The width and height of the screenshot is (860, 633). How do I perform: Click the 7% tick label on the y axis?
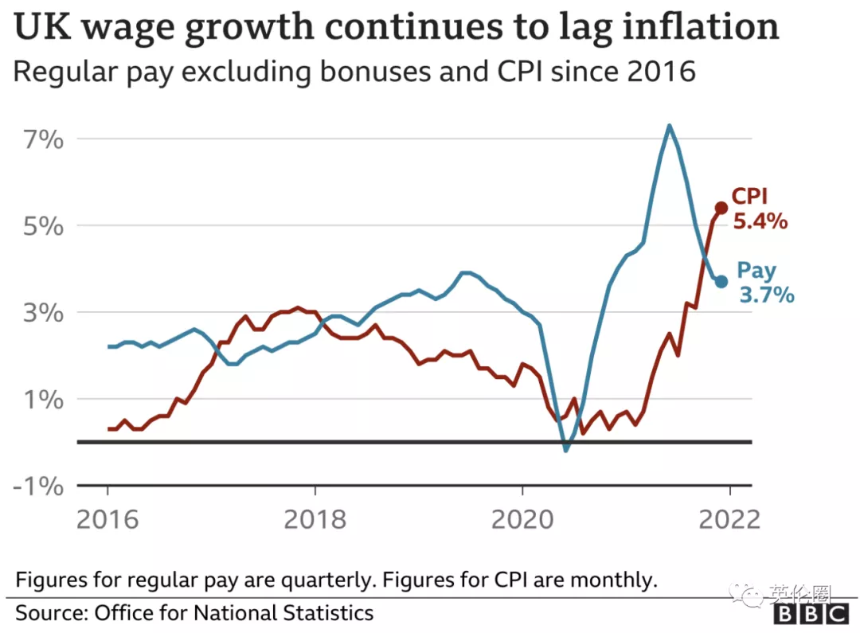pos(41,139)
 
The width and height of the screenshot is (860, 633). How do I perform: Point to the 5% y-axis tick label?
pos(41,226)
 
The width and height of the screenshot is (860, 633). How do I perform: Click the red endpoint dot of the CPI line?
pos(721,208)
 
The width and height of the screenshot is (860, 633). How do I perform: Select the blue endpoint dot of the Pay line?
pos(721,281)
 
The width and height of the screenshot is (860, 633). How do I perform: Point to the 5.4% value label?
pos(760,222)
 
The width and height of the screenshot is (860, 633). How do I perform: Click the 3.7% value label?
pos(766,295)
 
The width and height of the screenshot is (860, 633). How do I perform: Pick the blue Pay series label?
pos(756,271)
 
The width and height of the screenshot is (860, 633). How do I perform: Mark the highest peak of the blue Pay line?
pos(669,125)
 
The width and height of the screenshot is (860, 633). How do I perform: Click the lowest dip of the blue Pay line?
pos(566,451)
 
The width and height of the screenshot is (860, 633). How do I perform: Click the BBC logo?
pos(811,615)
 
